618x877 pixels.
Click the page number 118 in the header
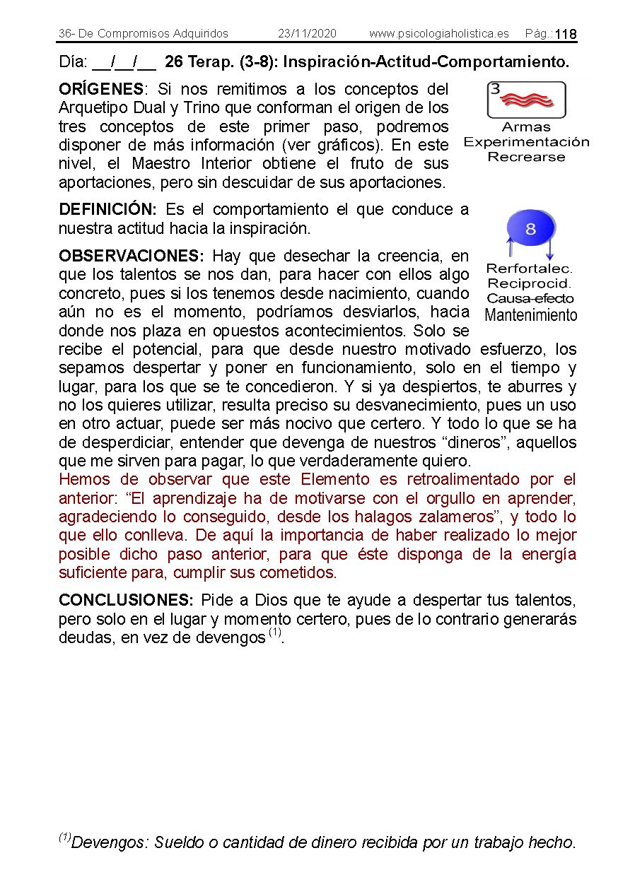coord(566,35)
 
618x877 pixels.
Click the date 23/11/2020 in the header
coord(307,34)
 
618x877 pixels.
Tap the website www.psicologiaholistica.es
coord(438,34)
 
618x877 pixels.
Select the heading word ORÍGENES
coord(101,90)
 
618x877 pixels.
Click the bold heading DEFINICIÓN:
coord(107,210)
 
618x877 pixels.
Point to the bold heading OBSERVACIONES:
coord(131,256)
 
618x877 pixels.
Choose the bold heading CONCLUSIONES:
coord(126,601)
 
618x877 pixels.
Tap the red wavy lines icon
coord(527,100)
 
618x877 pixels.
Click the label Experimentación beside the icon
coord(526,142)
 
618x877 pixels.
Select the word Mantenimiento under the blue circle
coord(531,315)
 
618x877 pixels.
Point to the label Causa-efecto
coord(530,299)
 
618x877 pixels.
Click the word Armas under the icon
coord(526,127)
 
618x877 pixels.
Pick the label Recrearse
coord(526,157)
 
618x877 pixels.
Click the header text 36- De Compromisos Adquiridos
coord(144,34)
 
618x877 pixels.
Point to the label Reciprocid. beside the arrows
coord(529,284)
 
